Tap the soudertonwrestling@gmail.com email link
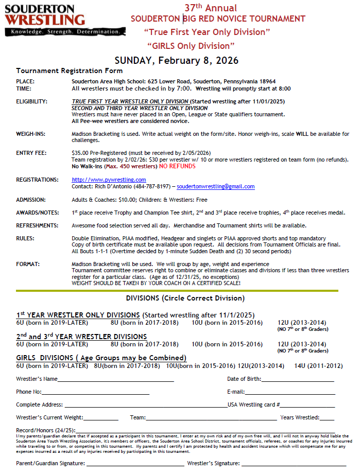(215, 186)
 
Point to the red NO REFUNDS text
(178, 166)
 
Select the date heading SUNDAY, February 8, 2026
(176, 60)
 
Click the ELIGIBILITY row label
(32, 101)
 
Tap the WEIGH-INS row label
(30, 134)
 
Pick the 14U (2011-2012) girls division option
(318, 366)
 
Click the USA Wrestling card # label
(254, 404)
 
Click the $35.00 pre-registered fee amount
(81, 153)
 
